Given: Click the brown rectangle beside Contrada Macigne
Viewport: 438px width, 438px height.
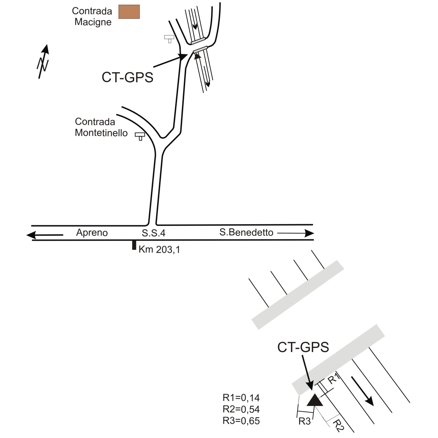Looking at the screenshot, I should [x=129, y=12].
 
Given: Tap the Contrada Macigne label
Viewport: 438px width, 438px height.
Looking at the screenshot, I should [x=92, y=17].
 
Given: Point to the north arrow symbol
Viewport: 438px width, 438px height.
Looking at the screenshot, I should [x=43, y=61].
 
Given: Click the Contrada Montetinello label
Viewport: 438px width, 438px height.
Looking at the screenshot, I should [x=101, y=127].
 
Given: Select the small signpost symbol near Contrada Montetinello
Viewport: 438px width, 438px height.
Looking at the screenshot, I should [x=140, y=136].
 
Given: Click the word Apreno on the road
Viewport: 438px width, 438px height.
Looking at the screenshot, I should [x=92, y=233].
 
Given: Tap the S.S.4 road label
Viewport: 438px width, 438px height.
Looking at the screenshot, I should [x=153, y=233].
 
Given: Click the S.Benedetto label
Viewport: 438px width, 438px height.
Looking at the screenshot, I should [x=246, y=232].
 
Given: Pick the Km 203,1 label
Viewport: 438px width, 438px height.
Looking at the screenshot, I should [x=159, y=250].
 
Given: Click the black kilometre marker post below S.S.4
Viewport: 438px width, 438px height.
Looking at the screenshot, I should [x=134, y=245].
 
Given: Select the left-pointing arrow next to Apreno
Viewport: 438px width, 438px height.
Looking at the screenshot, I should [x=45, y=235].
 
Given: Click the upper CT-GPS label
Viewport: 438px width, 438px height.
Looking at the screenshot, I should [x=127, y=78].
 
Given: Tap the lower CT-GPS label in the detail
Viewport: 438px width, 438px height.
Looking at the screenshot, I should [x=303, y=347].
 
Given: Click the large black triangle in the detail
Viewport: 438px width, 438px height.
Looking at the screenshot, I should [x=315, y=401].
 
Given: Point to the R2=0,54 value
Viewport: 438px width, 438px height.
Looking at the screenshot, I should [x=241, y=409].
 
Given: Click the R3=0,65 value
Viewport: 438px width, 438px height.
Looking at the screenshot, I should [x=241, y=421].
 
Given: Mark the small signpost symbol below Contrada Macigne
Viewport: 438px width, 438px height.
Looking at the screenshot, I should [x=169, y=38].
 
